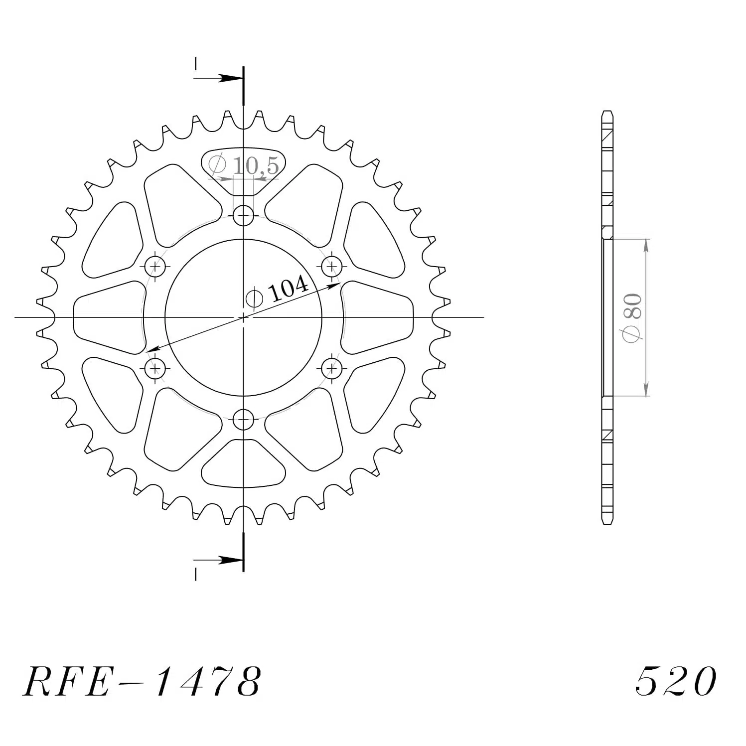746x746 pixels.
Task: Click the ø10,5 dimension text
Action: coord(244,165)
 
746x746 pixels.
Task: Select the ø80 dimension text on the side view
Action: coord(632,318)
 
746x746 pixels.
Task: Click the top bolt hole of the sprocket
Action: coord(243,216)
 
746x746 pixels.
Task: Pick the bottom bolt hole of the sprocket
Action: coord(243,419)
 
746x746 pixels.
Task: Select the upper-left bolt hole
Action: coord(155,266)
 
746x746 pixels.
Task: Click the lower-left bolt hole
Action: coord(155,369)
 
